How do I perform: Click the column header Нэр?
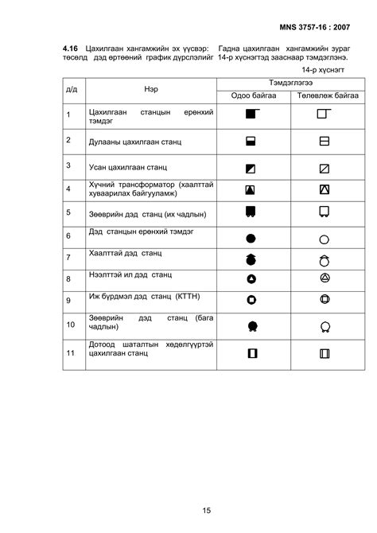pos(151,90)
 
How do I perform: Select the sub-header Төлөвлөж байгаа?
pos(323,96)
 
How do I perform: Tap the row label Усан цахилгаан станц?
pos(126,167)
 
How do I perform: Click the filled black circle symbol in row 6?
pos(251,237)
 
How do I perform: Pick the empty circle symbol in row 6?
pos(324,238)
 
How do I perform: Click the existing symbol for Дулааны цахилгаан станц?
pos(251,142)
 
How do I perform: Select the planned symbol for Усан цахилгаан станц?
pos(324,168)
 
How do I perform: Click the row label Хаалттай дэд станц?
pos(126,253)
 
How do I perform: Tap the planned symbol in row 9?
pos(324,300)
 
